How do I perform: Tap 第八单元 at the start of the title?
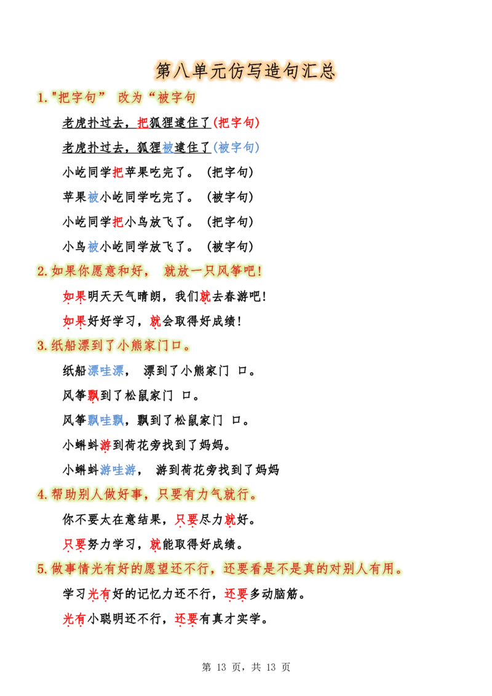pos(191,71)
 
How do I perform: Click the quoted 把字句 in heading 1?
pos(77,98)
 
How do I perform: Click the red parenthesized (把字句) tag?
pos(236,123)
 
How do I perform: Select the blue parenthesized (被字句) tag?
pos(236,148)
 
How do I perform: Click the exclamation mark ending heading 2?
pos(260,271)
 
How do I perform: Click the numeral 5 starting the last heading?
pos(40,569)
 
